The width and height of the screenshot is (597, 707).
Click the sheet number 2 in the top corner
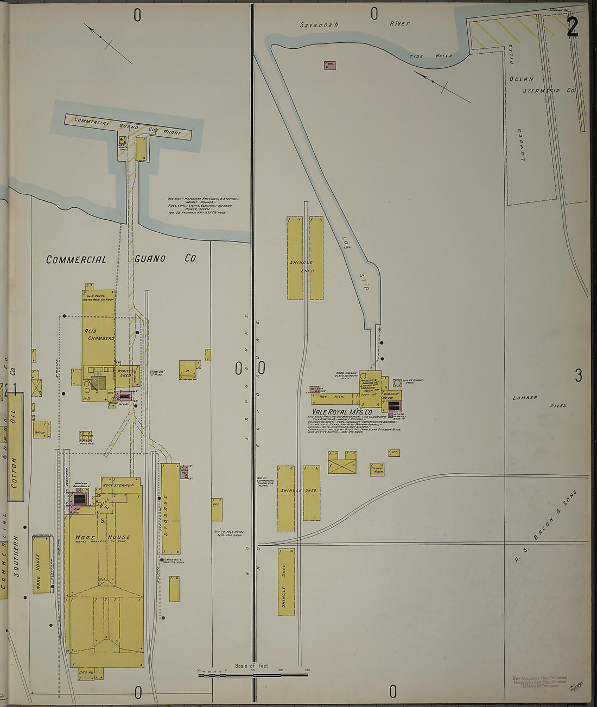click(572, 27)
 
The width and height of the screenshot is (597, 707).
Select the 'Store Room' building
click(377, 469)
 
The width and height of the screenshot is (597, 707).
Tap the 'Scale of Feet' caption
click(252, 665)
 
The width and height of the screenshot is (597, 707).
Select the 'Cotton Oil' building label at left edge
click(15, 448)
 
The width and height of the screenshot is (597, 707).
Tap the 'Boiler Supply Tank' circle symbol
click(398, 384)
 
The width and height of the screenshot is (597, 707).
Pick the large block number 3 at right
click(579, 375)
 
